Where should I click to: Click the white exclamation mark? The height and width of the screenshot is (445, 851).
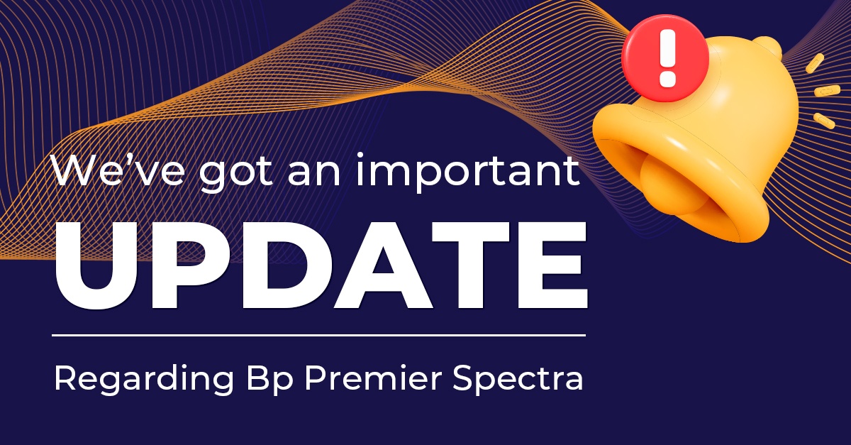(x=666, y=56)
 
